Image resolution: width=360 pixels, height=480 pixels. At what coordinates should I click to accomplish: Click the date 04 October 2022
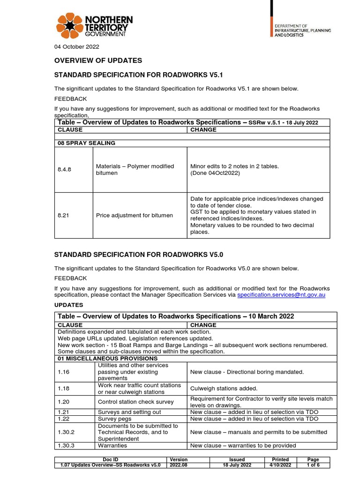click(77, 47)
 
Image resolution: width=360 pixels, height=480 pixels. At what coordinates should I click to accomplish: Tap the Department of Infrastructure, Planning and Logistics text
click(302, 30)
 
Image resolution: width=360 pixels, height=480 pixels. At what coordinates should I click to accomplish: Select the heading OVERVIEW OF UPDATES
click(98, 60)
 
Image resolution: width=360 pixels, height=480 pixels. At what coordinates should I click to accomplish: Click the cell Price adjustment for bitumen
click(135, 216)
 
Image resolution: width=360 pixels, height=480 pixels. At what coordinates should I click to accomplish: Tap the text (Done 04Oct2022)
click(215, 173)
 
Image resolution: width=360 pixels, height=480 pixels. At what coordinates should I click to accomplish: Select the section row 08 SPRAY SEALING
click(86, 143)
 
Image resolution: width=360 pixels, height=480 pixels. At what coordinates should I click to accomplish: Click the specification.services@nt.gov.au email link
click(281, 295)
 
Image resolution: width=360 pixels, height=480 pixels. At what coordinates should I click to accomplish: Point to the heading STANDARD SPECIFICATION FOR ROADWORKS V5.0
click(139, 255)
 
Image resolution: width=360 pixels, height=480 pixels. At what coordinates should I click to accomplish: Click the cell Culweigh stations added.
click(224, 389)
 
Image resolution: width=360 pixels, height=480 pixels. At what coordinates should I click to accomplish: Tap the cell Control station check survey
click(135, 402)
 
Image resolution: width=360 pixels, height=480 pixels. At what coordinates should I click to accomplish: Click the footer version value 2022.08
click(178, 465)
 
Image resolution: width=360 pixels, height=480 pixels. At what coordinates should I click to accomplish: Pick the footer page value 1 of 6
click(313, 465)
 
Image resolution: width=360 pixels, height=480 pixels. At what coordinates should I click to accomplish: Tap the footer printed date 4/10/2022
click(280, 465)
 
